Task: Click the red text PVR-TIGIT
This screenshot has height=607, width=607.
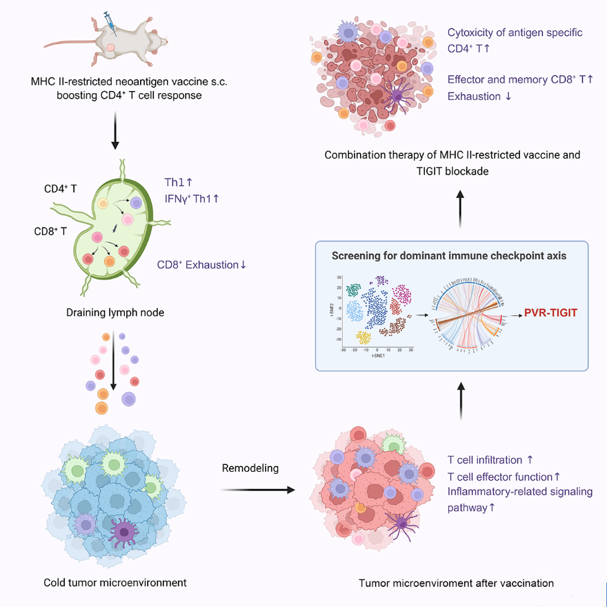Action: [549, 312]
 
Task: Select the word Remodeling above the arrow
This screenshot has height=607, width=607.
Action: [250, 468]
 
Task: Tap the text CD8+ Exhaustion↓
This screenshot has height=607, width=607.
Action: [202, 264]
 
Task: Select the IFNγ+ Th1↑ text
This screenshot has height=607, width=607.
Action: [192, 199]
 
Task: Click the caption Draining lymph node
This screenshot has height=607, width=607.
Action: [115, 312]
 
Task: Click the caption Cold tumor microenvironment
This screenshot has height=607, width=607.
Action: [115, 583]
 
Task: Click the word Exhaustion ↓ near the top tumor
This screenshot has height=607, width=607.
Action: [479, 96]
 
